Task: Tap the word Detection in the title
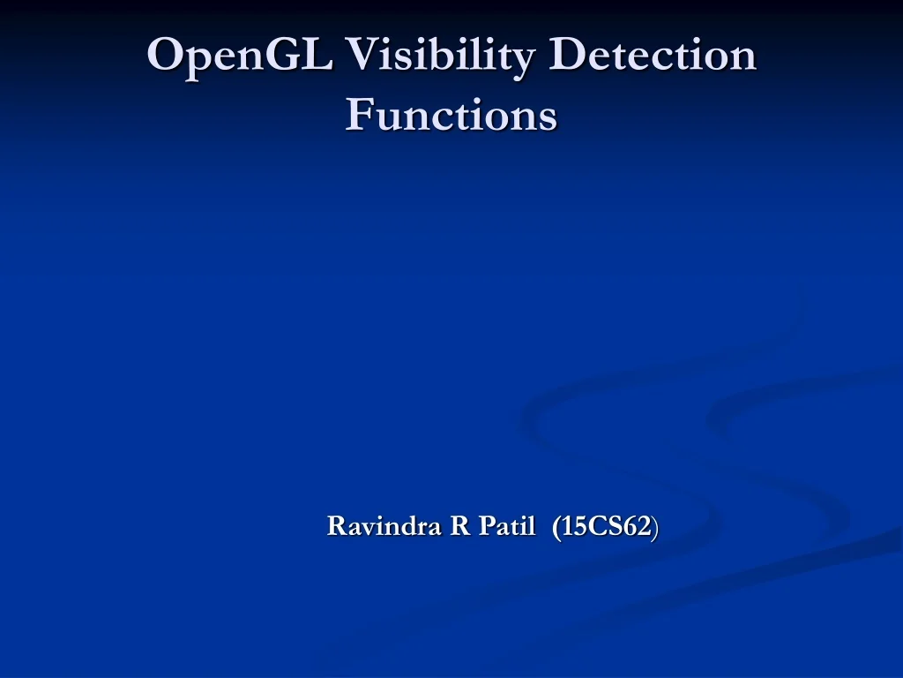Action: (653, 56)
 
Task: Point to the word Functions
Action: (451, 115)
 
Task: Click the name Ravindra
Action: (384, 526)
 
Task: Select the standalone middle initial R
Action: (459, 526)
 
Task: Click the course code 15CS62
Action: (607, 526)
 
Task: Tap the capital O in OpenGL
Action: (165, 56)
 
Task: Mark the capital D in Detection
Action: (566, 56)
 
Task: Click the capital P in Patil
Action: (486, 526)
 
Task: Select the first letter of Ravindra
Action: (335, 526)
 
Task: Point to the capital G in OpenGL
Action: (282, 56)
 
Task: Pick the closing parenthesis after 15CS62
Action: (655, 527)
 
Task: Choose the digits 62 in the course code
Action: (638, 526)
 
